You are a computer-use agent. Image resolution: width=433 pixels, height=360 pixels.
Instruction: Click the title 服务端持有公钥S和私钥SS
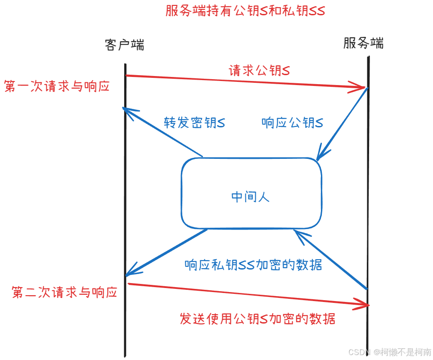click(x=245, y=11)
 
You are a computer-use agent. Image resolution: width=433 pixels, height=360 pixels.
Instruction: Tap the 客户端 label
click(x=125, y=45)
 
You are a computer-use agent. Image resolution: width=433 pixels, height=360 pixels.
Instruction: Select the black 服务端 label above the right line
click(x=363, y=43)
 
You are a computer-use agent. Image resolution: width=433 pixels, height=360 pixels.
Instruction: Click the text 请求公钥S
click(x=259, y=71)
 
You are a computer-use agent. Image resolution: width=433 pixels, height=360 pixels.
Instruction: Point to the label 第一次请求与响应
click(x=57, y=86)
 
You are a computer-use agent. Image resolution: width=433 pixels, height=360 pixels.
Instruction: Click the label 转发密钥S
click(x=194, y=123)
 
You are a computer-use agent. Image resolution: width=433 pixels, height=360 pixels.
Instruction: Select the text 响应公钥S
click(x=292, y=123)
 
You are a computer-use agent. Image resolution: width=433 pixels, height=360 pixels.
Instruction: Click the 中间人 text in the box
click(x=250, y=197)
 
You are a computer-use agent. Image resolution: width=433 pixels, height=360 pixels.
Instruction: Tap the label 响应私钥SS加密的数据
click(x=253, y=265)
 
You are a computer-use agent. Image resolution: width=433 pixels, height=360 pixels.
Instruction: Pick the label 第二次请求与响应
click(x=64, y=292)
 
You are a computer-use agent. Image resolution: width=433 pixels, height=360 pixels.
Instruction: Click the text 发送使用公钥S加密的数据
click(x=257, y=319)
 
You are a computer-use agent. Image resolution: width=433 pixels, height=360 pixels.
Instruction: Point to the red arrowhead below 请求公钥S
click(x=360, y=86)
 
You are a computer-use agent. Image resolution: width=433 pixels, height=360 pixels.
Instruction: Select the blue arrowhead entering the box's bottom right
click(x=298, y=234)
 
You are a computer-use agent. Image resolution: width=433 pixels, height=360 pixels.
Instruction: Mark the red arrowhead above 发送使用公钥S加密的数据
click(x=363, y=304)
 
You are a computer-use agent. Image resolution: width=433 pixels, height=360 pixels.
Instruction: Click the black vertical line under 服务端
click(x=369, y=189)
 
